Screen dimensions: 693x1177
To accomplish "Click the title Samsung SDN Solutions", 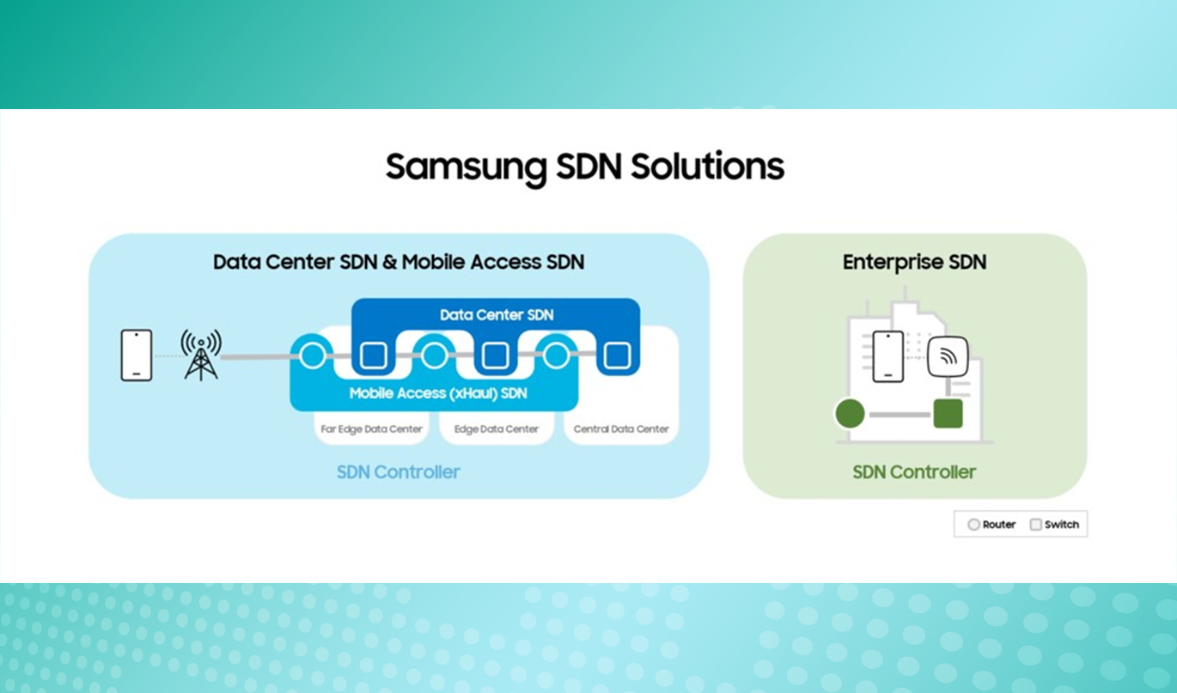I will [x=584, y=167].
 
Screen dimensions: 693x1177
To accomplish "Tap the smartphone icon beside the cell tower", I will [x=136, y=355].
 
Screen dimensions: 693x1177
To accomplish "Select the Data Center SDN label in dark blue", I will [x=497, y=315].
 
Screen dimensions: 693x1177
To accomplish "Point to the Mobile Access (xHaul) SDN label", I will [x=437, y=394].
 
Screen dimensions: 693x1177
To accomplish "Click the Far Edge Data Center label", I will [x=372, y=429].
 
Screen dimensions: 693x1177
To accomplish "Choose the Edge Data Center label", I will [x=497, y=429].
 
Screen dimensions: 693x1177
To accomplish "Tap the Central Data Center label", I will [x=620, y=429].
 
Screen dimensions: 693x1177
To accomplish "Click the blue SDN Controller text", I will [x=399, y=471].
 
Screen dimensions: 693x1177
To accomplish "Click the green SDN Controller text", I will [x=914, y=471].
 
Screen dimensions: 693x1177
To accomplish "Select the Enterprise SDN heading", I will [x=914, y=262].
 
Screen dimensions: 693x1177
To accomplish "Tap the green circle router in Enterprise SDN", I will [x=850, y=414].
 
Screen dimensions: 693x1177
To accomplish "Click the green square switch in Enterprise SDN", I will [x=948, y=413].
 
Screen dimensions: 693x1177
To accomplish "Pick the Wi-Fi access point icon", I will [x=948, y=356].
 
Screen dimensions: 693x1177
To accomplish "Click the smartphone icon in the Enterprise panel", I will [x=887, y=356].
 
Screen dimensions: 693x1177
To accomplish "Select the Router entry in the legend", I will [x=991, y=525].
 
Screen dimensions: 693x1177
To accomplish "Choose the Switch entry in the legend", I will [x=1054, y=525].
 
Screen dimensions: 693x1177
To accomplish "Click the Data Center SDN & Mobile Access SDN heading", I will [x=399, y=262].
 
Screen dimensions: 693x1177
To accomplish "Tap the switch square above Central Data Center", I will [x=616, y=355].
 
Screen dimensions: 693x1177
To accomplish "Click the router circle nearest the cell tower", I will [x=313, y=355].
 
